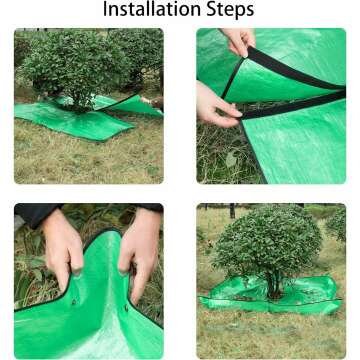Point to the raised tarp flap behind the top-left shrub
coord(135,102)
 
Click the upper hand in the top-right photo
coord(240,41)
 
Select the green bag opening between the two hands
coord(100,290)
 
